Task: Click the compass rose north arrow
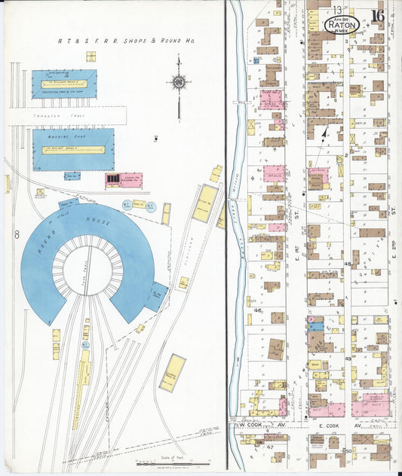coord(179,83)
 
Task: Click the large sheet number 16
coord(378,14)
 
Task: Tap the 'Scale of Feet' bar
coord(173,461)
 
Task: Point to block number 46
coord(257,310)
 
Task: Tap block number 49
coord(348,359)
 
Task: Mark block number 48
coord(348,264)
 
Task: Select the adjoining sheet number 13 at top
coord(335,8)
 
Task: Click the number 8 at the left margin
coord(16,236)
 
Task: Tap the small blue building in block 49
coord(316,326)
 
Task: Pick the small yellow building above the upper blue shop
coord(91,56)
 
